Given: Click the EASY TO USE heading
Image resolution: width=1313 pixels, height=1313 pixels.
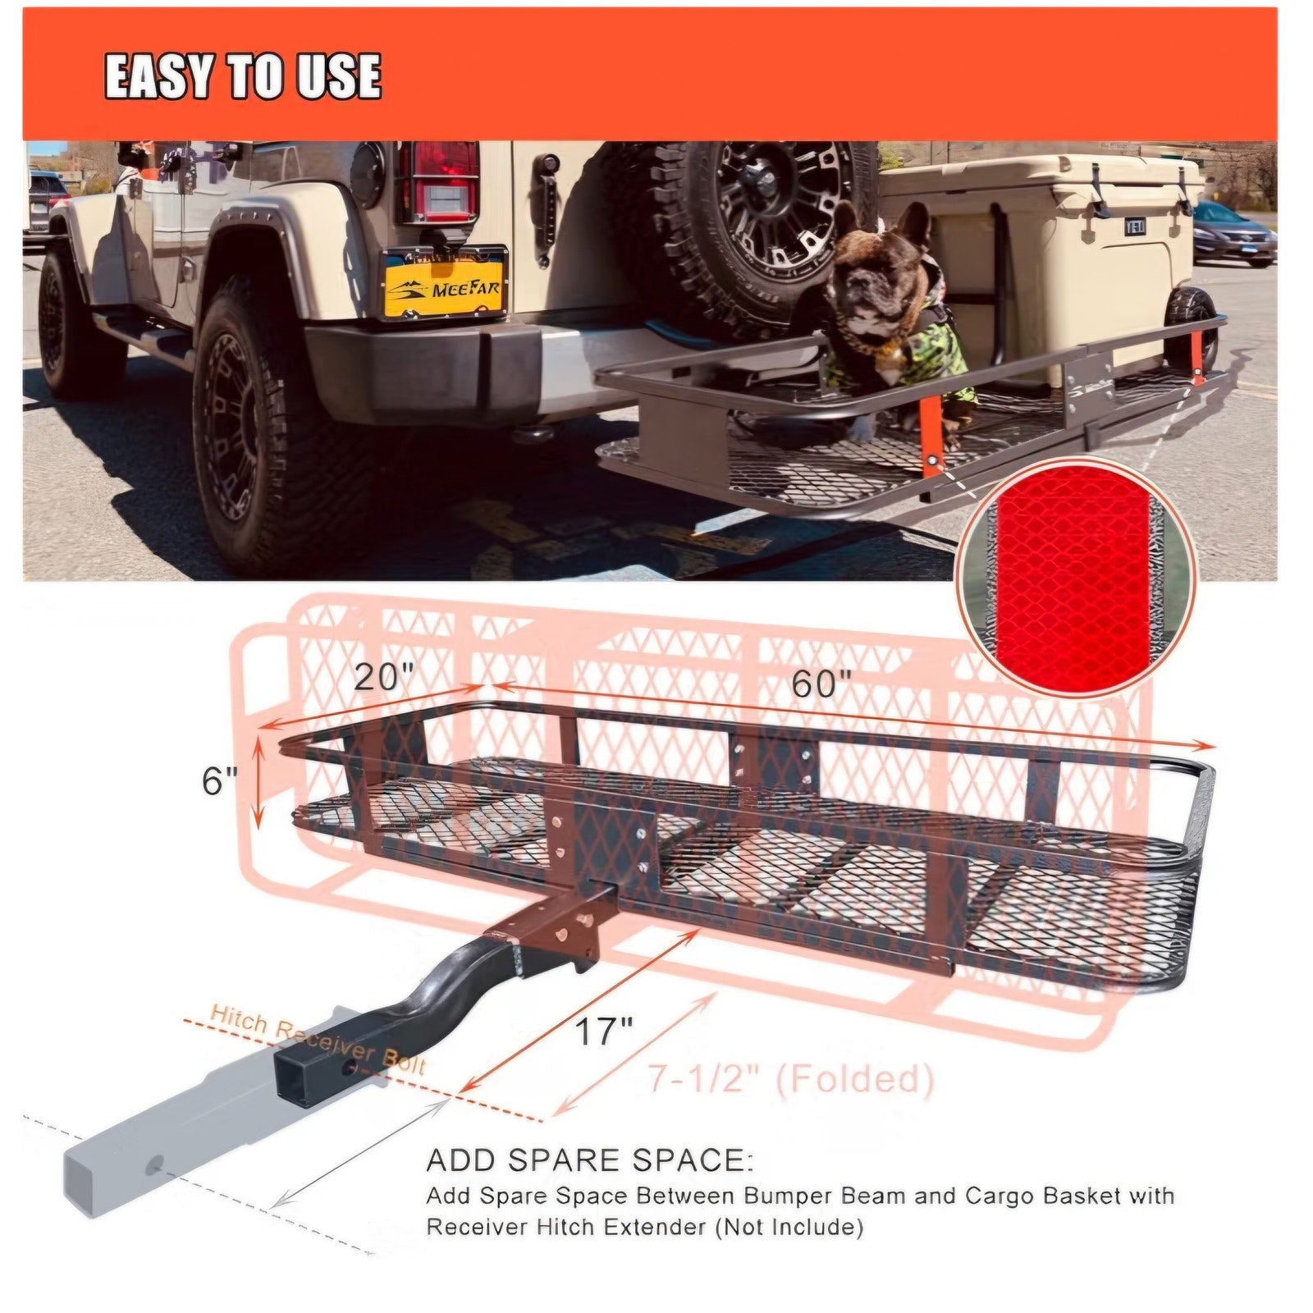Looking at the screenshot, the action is [243, 76].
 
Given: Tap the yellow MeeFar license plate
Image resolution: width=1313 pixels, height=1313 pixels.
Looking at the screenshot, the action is [443, 283].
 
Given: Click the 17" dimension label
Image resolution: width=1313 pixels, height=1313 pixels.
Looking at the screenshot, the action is [603, 1032].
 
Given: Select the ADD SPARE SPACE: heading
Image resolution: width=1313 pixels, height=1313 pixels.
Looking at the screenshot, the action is [589, 1161].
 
